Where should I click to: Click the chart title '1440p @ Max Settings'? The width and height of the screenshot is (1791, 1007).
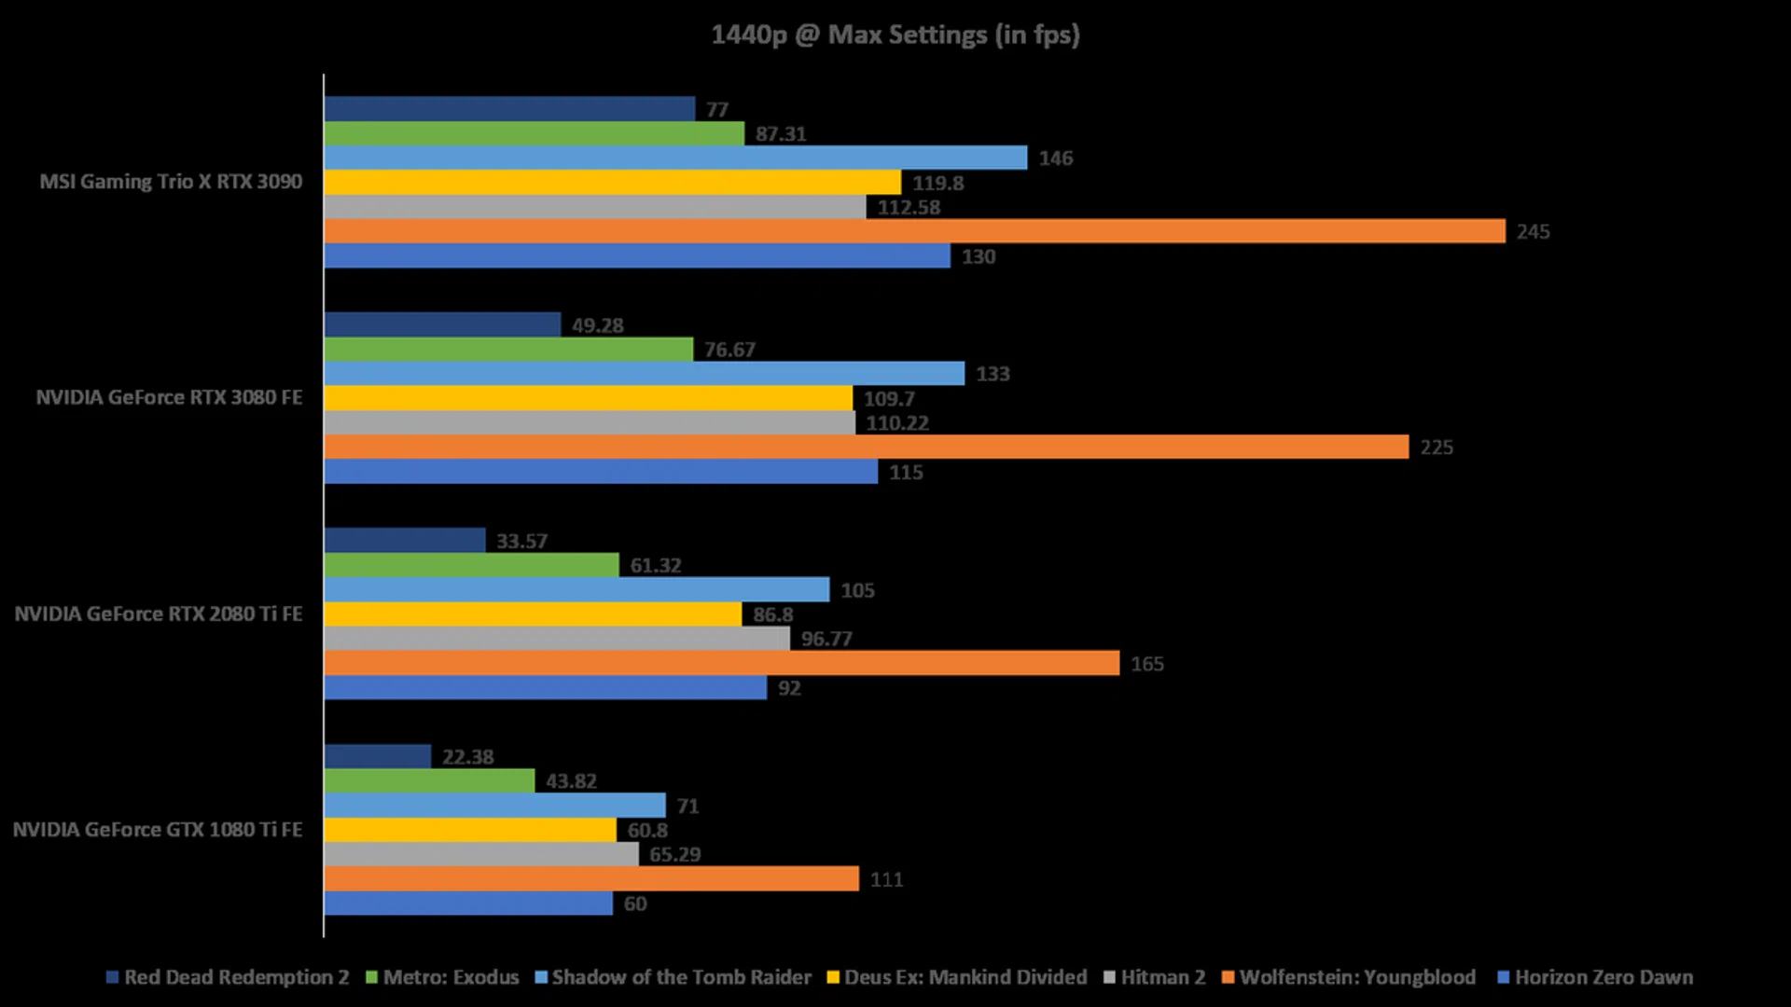pos(895,35)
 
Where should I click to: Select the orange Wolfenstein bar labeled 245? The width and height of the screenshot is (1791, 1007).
pos(914,231)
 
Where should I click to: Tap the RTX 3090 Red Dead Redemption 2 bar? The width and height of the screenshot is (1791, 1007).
pos(509,109)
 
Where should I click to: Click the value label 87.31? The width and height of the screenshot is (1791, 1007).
pos(781,134)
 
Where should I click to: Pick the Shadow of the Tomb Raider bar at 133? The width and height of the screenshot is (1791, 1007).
pos(644,374)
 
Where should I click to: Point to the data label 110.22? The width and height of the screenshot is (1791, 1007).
pos(896,423)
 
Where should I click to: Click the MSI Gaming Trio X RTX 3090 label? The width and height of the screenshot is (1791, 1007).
pos(171,182)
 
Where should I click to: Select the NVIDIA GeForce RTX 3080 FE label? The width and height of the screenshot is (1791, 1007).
pos(169,398)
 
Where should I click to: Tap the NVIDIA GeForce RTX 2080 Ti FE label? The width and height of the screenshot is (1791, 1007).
pos(159,614)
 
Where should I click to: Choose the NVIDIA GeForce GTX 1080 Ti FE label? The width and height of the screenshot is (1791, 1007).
pos(158,830)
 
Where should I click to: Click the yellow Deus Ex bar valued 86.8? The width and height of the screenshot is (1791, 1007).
pos(533,614)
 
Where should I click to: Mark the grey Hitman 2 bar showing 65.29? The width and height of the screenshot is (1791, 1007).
pos(481,854)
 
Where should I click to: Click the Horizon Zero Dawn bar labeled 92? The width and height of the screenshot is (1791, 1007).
pos(545,688)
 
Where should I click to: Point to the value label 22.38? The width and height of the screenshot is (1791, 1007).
pos(467,757)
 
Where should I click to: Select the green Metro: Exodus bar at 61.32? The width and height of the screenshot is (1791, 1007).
pos(471,565)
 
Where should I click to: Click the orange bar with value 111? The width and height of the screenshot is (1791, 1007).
pos(591,879)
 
